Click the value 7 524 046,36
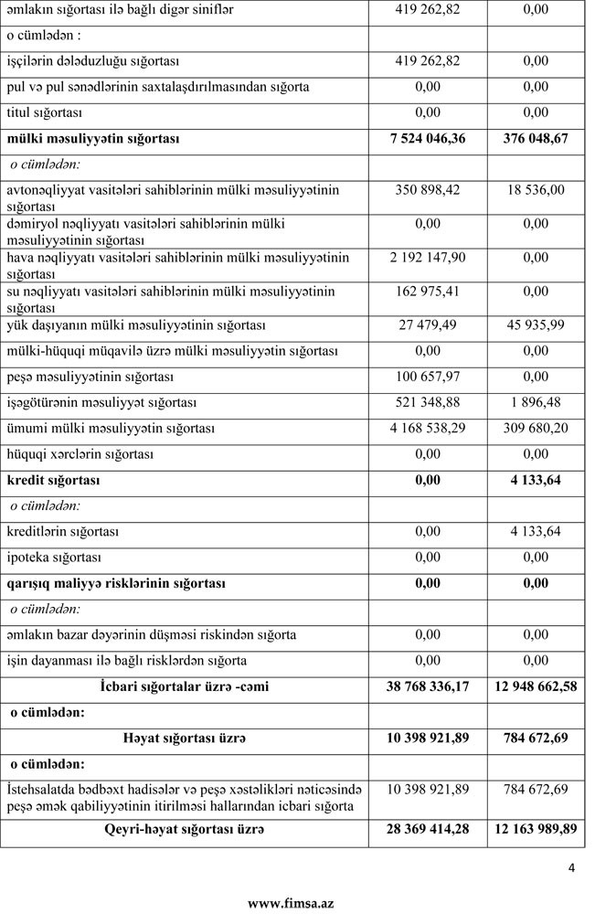[427, 139]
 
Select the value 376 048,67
[537, 139]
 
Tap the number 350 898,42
[427, 190]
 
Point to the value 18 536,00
[537, 190]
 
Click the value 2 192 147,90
[427, 258]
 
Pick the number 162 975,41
[427, 292]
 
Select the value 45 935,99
[537, 325]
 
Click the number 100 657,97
[427, 377]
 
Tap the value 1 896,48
[537, 402]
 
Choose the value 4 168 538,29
[427, 428]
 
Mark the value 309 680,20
[537, 428]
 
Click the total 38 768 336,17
[427, 686]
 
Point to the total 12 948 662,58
[537, 686]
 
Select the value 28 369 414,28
[427, 830]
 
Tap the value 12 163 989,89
[537, 830]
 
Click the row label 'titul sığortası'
[47, 112]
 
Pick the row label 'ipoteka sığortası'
[54, 557]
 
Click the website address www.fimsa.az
[291, 903]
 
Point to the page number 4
[571, 869]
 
